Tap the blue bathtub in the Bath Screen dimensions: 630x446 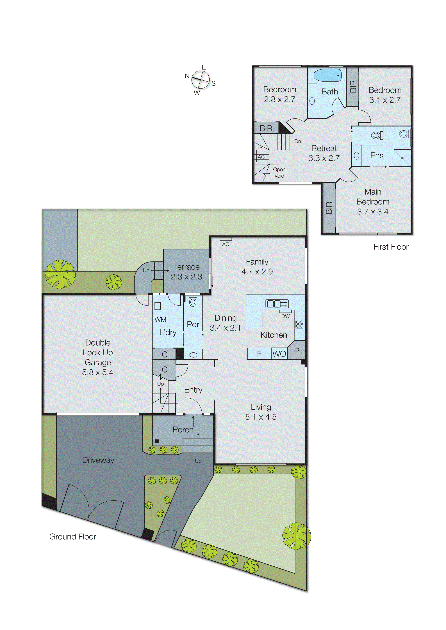[327, 75]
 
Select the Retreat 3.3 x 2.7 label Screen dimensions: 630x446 [324, 153]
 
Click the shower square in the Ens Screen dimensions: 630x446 [402, 158]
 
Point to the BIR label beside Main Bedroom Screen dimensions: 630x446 [329, 208]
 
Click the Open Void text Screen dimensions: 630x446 [279, 173]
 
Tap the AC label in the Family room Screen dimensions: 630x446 [226, 244]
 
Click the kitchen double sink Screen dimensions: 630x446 [277, 304]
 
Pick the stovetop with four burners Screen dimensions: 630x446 [300, 324]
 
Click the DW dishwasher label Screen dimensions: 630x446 [286, 316]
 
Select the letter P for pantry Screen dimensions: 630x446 [297, 350]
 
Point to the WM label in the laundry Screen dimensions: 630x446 [160, 320]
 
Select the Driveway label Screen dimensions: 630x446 [98, 460]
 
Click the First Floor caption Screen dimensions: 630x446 [391, 247]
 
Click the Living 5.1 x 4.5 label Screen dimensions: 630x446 [261, 412]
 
